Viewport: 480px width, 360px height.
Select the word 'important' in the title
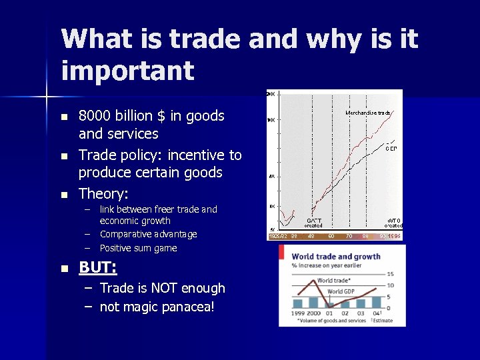[x=127, y=70]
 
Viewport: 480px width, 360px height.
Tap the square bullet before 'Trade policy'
[x=64, y=156]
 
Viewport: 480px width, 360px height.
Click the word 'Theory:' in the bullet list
[x=103, y=194]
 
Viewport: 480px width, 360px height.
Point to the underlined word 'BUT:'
[x=97, y=268]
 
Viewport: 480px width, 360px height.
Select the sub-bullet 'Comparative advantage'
[x=148, y=234]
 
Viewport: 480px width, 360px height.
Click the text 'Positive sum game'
[x=138, y=248]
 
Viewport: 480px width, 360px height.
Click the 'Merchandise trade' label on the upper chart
[x=367, y=113]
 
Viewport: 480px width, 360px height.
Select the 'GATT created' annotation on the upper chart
[x=313, y=223]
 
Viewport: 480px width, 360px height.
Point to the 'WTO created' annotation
[x=394, y=223]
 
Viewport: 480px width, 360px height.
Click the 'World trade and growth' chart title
[x=336, y=256]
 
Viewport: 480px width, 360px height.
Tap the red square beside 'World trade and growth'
[x=282, y=253]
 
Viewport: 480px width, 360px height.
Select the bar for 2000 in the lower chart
[x=314, y=302]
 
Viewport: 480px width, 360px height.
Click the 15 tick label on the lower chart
[x=390, y=274]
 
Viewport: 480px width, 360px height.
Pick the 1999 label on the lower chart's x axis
[x=297, y=313]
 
